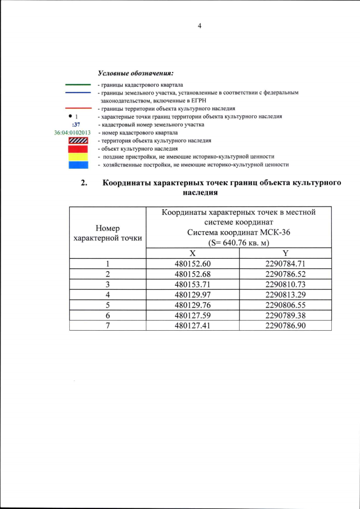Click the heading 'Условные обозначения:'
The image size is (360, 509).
point(136,73)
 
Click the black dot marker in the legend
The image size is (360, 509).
point(70,116)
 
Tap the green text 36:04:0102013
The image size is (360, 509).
point(72,133)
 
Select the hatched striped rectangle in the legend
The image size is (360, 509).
point(78,141)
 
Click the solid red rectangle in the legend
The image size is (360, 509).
point(78,148)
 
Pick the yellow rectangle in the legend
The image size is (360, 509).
point(78,157)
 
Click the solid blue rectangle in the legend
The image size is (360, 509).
point(78,165)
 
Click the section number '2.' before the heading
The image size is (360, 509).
point(84,183)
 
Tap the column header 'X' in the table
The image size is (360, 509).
point(192,253)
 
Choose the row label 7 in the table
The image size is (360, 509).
point(107,325)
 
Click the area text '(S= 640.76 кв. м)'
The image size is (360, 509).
point(238,242)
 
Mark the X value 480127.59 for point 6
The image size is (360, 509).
point(192,315)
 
